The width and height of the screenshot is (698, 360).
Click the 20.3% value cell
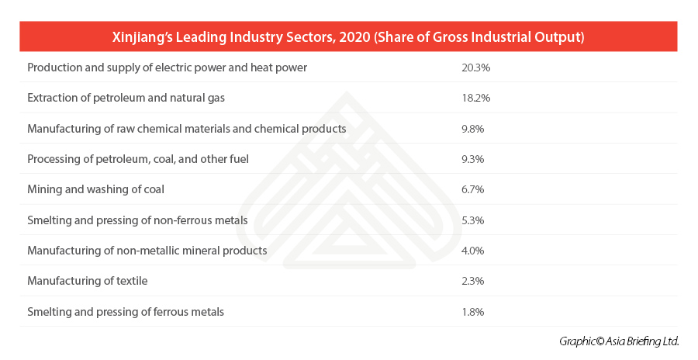pyautogui.click(x=475, y=67)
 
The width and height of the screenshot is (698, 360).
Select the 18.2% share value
pyautogui.click(x=475, y=98)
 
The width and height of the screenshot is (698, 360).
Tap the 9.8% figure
pyautogui.click(x=472, y=128)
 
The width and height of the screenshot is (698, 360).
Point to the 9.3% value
pyautogui.click(x=472, y=159)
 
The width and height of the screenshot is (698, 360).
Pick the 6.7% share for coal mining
pyautogui.click(x=472, y=189)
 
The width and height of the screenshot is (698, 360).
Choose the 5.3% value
pyautogui.click(x=472, y=220)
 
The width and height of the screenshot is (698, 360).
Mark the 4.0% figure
pyautogui.click(x=472, y=251)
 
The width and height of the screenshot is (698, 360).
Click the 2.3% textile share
pyautogui.click(x=472, y=281)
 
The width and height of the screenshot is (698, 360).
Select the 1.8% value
pyautogui.click(x=472, y=312)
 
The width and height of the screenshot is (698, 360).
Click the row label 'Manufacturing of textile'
pyautogui.click(x=87, y=281)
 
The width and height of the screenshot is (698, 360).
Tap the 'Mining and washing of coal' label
pyautogui.click(x=95, y=189)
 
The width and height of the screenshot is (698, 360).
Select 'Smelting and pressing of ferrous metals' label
pyautogui.click(x=126, y=312)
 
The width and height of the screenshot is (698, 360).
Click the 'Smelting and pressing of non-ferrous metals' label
pyautogui.click(x=137, y=220)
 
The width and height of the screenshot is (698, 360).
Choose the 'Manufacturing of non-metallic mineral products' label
pyautogui.click(x=147, y=251)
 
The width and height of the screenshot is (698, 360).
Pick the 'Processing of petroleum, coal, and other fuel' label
pyautogui.click(x=138, y=159)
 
